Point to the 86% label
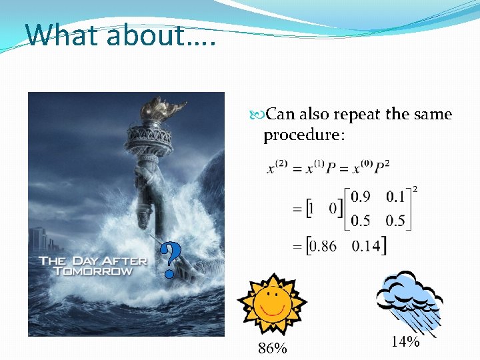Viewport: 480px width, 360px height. pos(272,348)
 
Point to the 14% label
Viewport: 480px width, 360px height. pos(405,342)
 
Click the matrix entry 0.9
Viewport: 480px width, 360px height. pos(361,197)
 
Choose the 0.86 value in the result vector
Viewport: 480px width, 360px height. pos(323,246)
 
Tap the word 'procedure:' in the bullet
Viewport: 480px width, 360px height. pos(304,135)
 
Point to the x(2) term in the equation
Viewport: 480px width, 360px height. pos(277,169)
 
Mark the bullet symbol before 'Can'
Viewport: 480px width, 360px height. pos(259,115)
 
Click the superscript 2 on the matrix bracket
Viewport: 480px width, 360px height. pos(416,189)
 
